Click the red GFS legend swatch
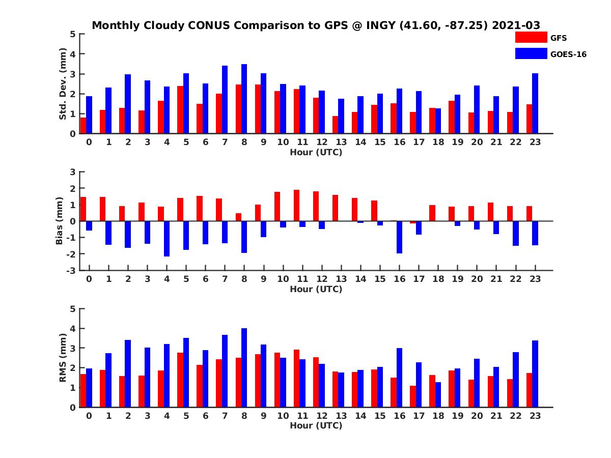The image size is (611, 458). (531, 37)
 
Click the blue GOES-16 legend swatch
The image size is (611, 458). (531, 53)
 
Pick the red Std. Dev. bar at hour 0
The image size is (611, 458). (84, 125)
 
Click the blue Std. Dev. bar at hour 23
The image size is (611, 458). (535, 103)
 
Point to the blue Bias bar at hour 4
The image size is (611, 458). (167, 239)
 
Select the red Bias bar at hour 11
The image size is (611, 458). (296, 206)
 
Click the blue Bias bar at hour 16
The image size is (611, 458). (400, 237)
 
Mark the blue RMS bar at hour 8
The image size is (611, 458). (244, 367)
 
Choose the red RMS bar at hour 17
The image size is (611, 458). (413, 396)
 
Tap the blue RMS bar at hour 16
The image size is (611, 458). (400, 378)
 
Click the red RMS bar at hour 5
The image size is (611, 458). (180, 380)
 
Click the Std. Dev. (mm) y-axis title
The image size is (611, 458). (63, 84)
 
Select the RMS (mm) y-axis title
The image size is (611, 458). (63, 358)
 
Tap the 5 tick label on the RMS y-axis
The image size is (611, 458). (73, 309)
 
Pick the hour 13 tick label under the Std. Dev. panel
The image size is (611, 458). (341, 142)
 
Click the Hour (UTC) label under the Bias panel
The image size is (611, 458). (316, 289)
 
